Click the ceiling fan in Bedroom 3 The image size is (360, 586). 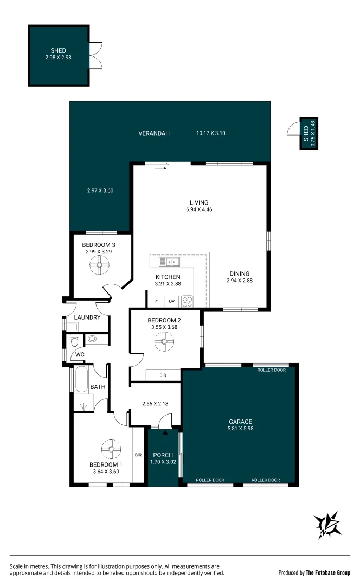click(99, 266)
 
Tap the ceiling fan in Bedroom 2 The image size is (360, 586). click(162, 342)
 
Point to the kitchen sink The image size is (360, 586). click(169, 263)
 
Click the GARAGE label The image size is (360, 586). click(240, 422)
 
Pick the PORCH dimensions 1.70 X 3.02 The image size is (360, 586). click(163, 462)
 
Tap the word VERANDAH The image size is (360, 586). click(154, 133)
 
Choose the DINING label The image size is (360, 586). click(239, 273)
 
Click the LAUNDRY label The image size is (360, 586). click(87, 317)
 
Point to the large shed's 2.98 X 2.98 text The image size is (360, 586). click(59, 56)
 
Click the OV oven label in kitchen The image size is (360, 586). click(172, 301)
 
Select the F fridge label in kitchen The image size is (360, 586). click(157, 301)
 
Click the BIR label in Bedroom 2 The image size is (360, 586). click(163, 375)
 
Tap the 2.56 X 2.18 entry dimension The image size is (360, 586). click(155, 404)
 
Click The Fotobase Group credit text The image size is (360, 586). click(328, 572)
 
